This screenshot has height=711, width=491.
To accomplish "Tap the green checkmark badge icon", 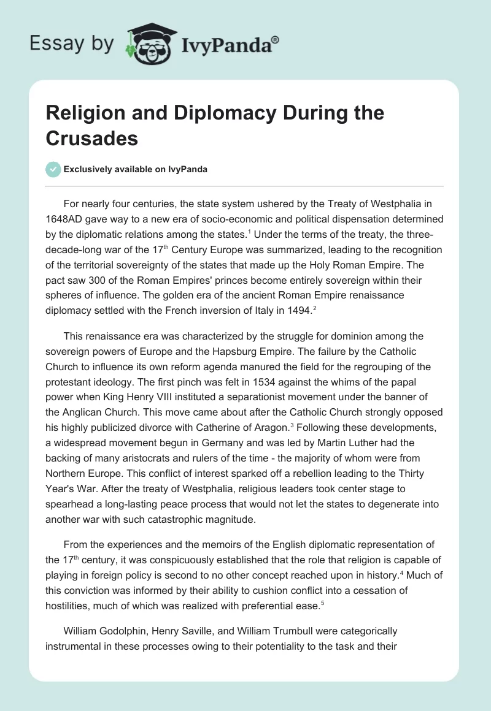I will pyautogui.click(x=53, y=169).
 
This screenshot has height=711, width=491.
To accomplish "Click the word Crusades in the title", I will pyautogui.click(x=92, y=139).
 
